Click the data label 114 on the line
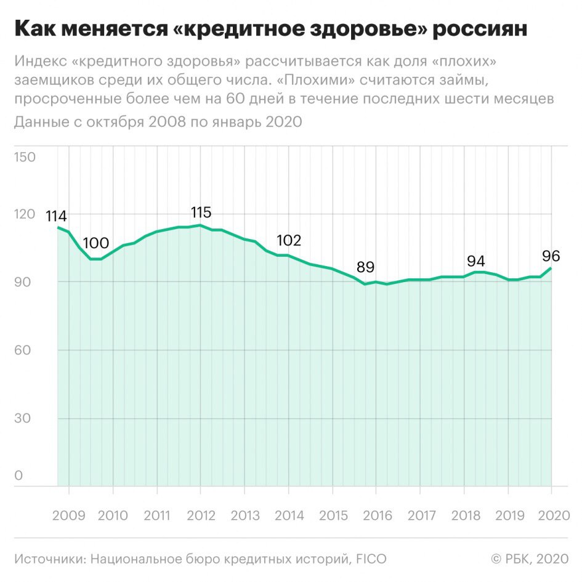56,216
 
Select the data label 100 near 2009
95,243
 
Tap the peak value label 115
201,212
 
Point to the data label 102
289,241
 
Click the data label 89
366,267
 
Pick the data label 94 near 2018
476,261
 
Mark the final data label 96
551,256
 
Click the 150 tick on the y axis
25,157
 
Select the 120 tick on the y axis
25,214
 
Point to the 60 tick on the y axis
23,350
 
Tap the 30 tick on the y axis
23,418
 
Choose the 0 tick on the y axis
18,475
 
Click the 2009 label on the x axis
68,515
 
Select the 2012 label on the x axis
201,515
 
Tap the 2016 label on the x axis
378,515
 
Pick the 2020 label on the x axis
554,515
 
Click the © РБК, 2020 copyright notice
530,559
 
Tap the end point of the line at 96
551,268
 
